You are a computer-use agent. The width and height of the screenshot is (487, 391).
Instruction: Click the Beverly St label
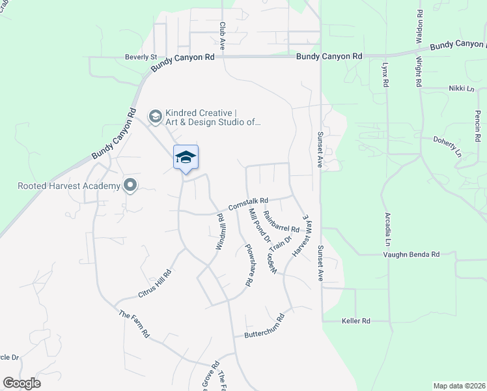tap(141, 57)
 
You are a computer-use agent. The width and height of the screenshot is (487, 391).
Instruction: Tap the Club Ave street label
tap(222, 36)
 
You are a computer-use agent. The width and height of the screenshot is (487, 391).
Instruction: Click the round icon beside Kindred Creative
tap(155, 117)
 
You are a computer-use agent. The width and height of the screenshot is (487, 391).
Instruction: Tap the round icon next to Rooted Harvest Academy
tap(130, 186)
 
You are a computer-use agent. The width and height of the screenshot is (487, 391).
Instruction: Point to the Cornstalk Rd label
tap(247, 203)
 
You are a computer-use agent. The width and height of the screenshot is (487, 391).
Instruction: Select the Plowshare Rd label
tap(248, 265)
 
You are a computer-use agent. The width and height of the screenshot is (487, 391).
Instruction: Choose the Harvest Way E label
tap(299, 235)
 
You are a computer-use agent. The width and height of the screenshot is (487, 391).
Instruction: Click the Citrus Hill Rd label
tap(154, 282)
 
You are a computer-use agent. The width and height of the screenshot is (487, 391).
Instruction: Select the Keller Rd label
tap(356, 321)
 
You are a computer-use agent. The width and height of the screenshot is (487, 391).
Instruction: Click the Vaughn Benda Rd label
tap(416, 254)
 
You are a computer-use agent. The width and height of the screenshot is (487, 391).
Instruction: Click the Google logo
tap(21, 383)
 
